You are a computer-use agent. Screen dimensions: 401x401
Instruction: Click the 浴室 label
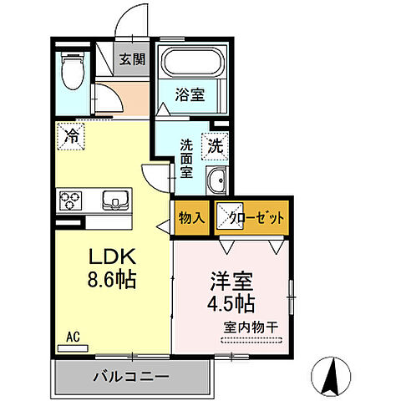pos(189,95)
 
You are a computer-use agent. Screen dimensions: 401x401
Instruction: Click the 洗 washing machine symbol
pos(215,145)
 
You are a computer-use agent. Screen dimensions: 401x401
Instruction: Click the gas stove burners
pos(69,201)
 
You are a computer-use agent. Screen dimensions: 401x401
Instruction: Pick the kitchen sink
pos(115,201)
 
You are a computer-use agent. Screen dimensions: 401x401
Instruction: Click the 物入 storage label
pos(191,218)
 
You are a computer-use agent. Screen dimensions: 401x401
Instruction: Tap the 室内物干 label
pos(252,327)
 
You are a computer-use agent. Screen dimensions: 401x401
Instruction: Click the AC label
pos(73,337)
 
